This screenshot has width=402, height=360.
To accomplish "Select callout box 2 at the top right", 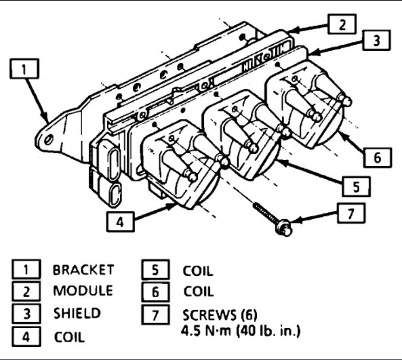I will pyautogui.click(x=342, y=24).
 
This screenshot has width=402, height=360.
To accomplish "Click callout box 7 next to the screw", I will pyautogui.click(x=350, y=214).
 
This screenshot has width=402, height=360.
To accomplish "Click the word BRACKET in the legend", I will pyautogui.click(x=83, y=269).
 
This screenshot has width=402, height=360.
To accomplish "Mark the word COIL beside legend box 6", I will pyautogui.click(x=198, y=292).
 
